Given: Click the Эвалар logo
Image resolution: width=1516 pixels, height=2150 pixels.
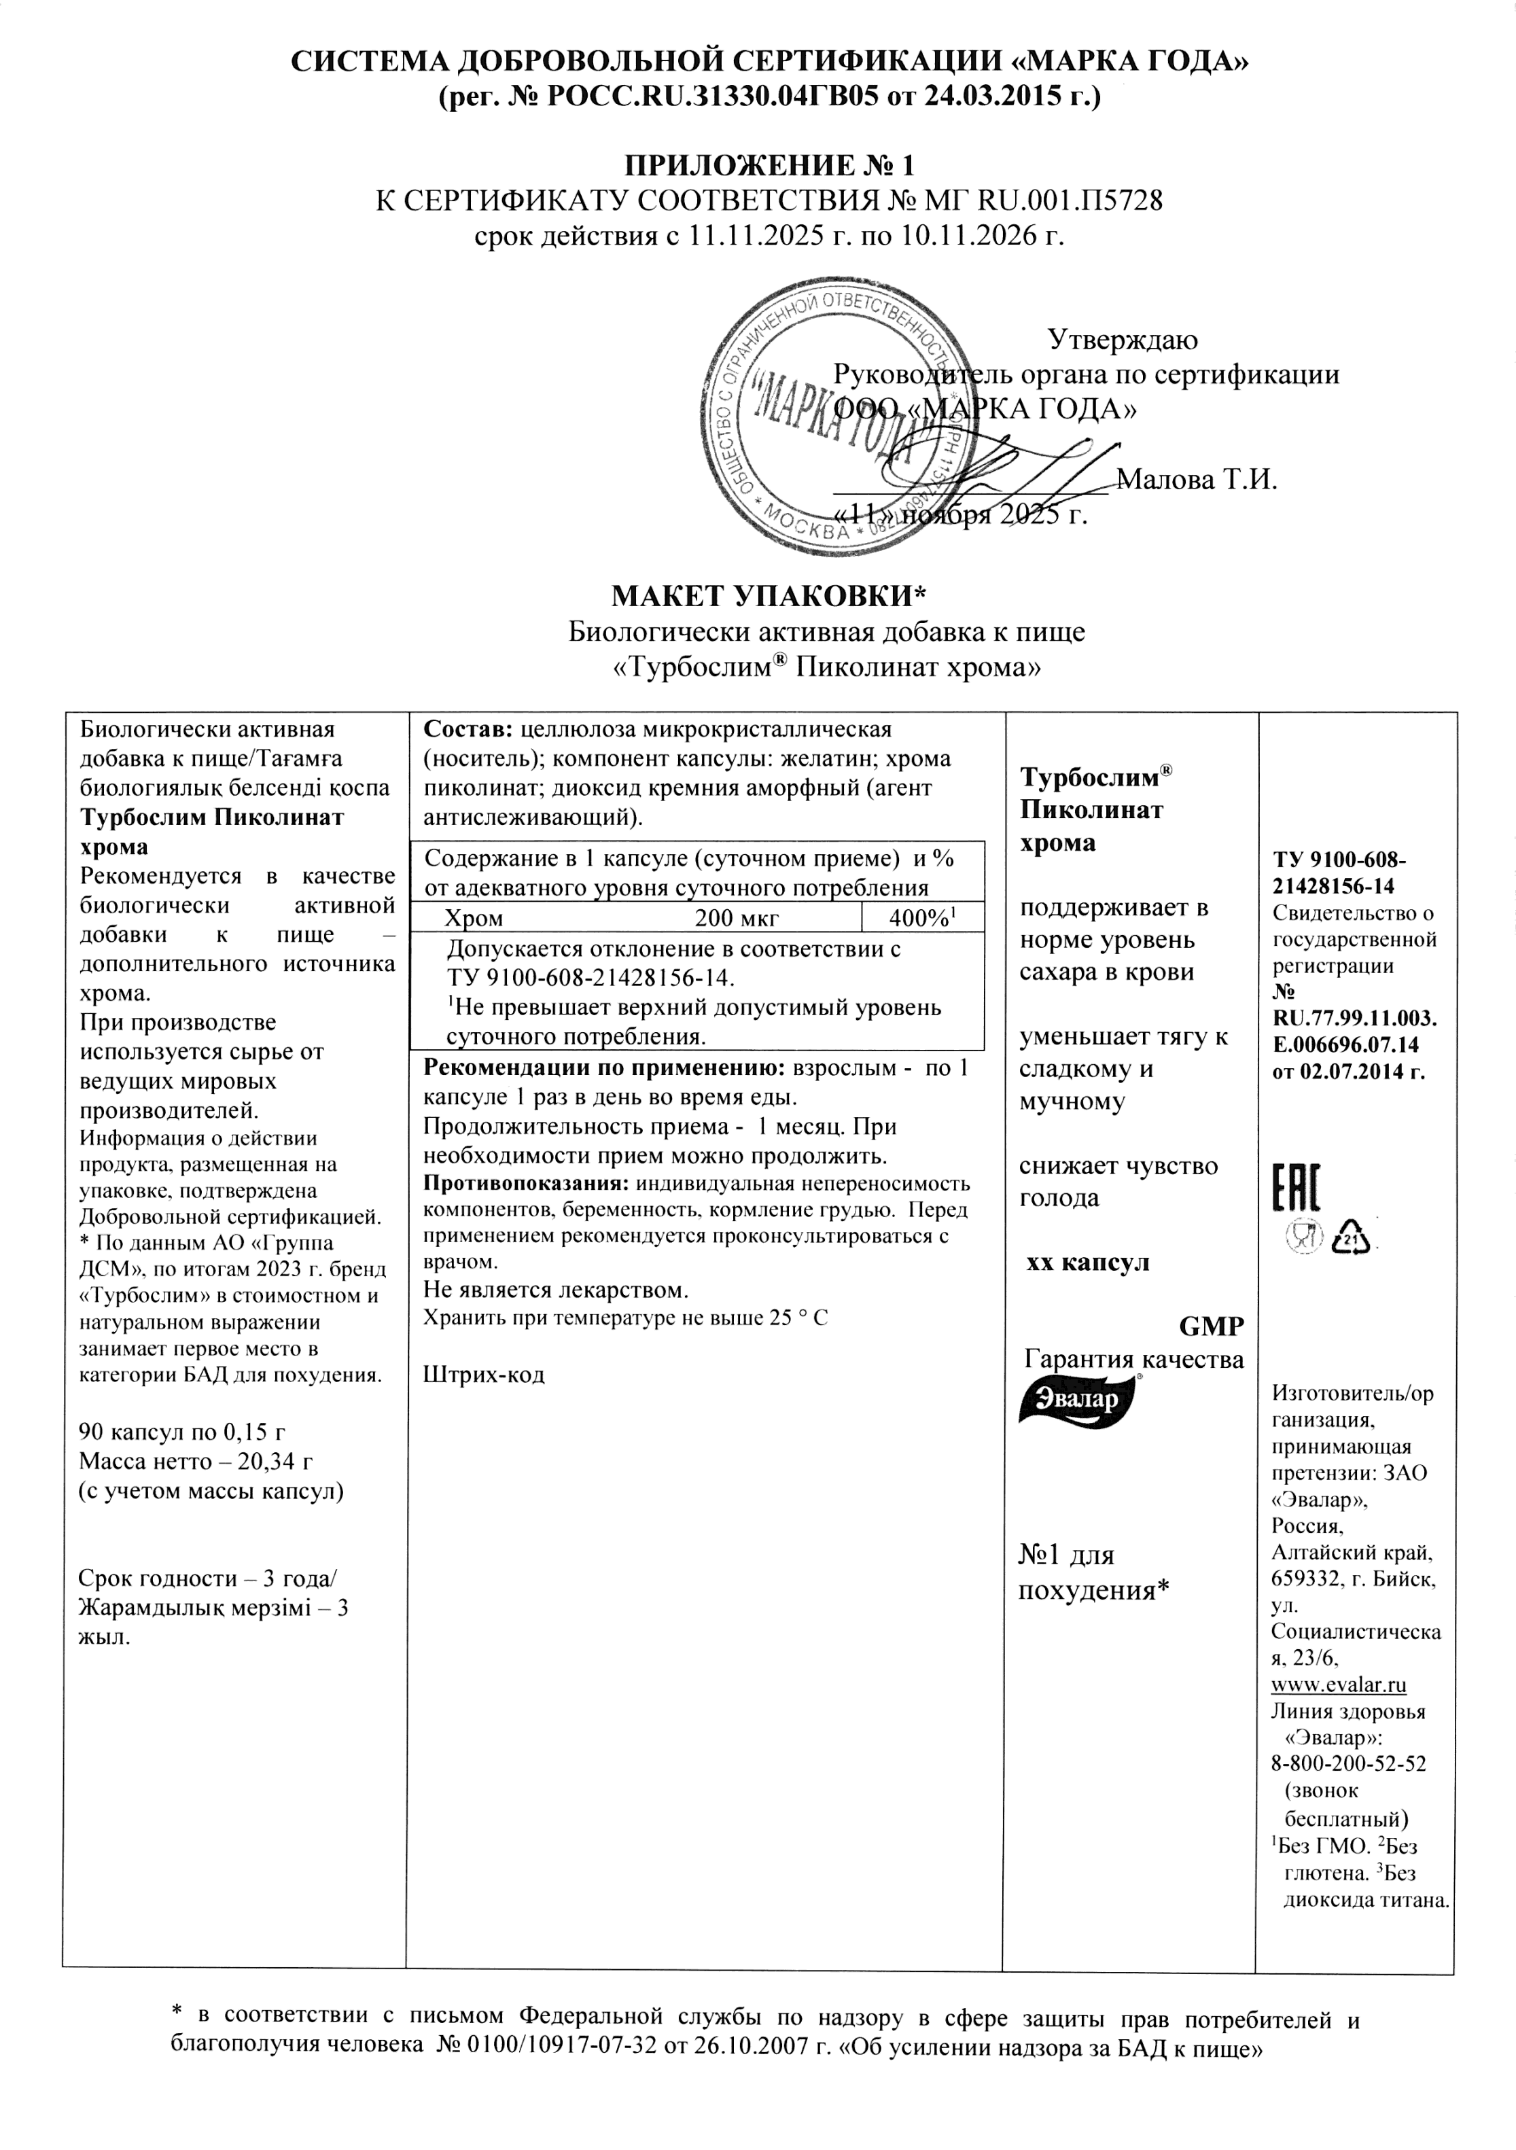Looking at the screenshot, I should [1077, 1399].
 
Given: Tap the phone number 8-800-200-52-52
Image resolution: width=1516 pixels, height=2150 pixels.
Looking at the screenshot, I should [1347, 1763].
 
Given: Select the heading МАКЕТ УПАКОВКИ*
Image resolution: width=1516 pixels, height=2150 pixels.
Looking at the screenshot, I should [768, 595].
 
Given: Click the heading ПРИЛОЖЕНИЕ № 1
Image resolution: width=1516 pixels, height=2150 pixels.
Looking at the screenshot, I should [768, 166].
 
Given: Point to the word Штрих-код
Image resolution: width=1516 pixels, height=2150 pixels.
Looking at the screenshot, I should [484, 1375].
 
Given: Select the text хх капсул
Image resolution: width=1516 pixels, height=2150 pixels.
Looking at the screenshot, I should [1088, 1263].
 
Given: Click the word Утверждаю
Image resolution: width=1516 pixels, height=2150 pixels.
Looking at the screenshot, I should [1122, 339].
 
